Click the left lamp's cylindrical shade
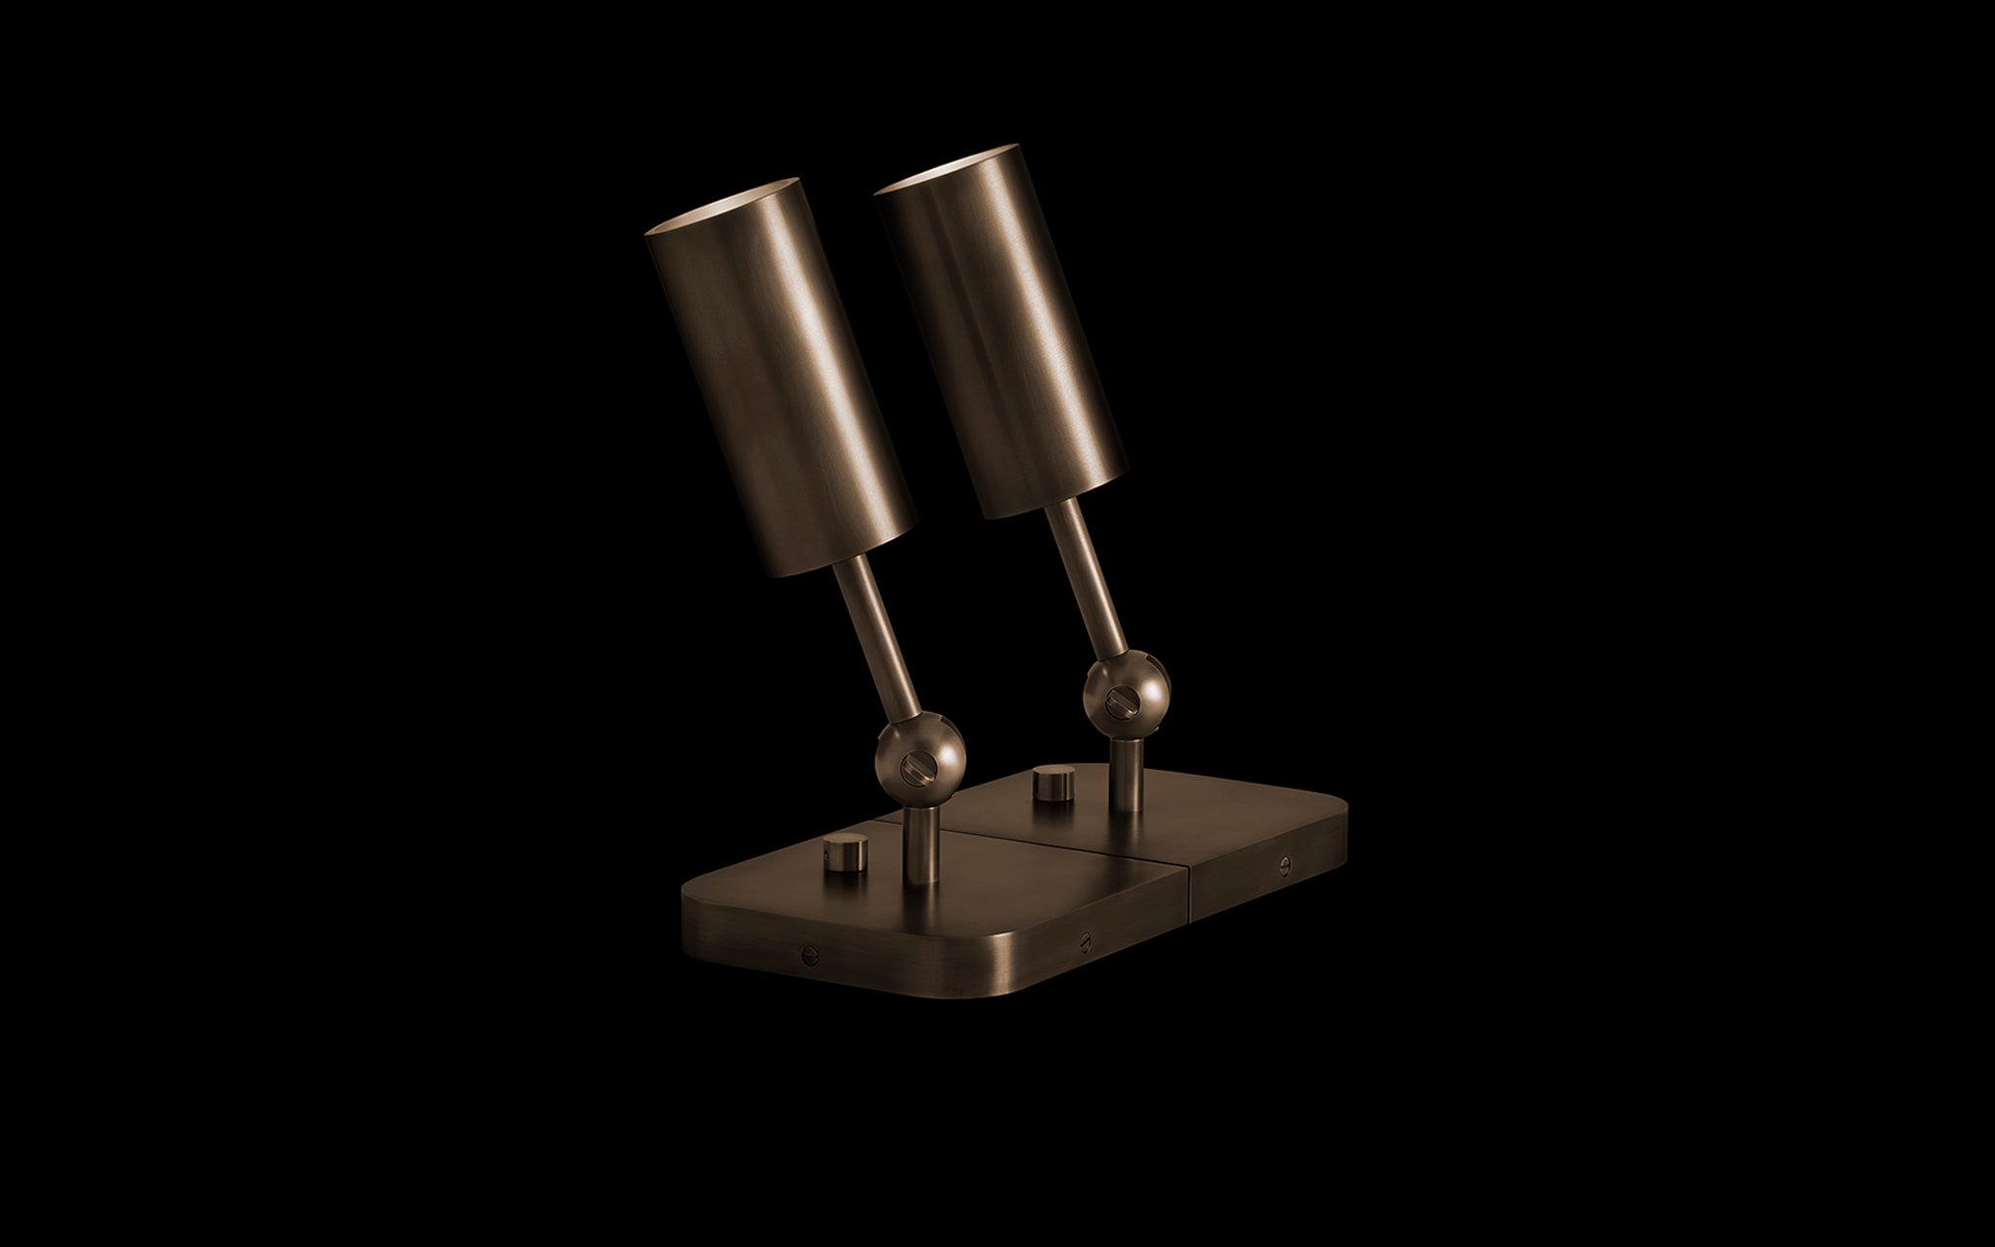coord(777,381)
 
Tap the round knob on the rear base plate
coord(1049,783)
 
